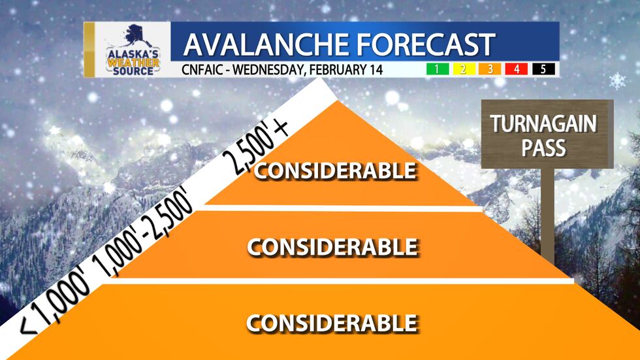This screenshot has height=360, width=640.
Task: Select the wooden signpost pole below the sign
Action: (547, 222)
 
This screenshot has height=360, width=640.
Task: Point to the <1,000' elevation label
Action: (57, 304)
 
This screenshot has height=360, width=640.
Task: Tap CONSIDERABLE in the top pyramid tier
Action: (335, 171)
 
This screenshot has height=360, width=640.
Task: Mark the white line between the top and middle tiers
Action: (340, 208)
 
